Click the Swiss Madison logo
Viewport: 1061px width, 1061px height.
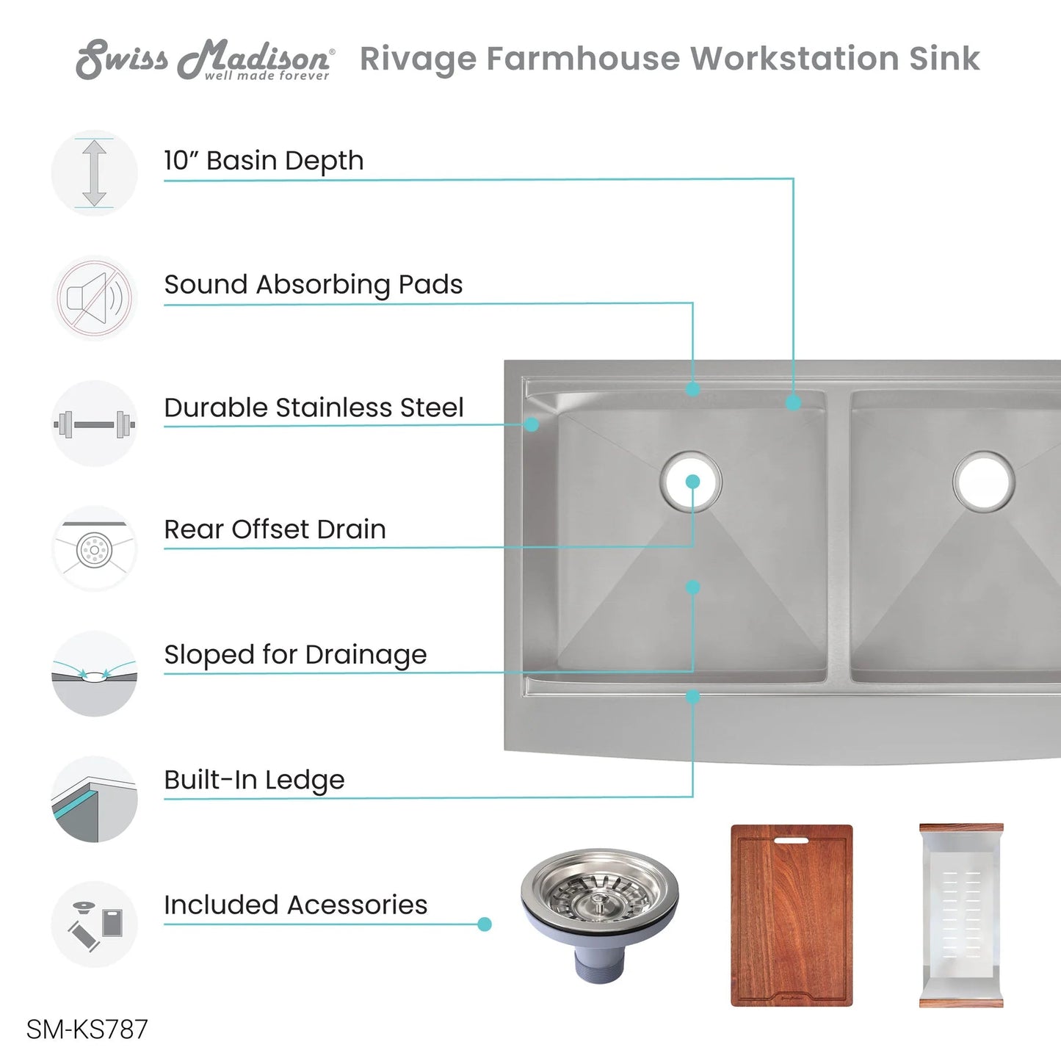pyautogui.click(x=204, y=59)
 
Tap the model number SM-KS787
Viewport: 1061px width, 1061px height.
pyautogui.click(x=87, y=1029)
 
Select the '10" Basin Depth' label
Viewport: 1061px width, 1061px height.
pyautogui.click(x=264, y=161)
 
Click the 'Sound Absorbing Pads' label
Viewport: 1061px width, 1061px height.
pyautogui.click(x=314, y=285)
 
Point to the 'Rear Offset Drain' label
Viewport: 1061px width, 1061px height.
pyautogui.click(x=275, y=529)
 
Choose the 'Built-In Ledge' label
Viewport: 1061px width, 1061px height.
pyautogui.click(x=254, y=780)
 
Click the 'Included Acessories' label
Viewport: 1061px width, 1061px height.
pyautogui.click(x=295, y=905)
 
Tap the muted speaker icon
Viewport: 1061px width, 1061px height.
pyautogui.click(x=94, y=298)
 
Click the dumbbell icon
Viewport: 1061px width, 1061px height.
pyautogui.click(x=94, y=424)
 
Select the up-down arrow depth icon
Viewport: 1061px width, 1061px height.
pyautogui.click(x=94, y=173)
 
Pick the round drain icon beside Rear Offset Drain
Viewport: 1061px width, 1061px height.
pyautogui.click(x=94, y=549)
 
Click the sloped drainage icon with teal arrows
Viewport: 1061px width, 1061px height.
pyautogui.click(x=94, y=674)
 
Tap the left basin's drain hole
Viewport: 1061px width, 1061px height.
pyautogui.click(x=691, y=481)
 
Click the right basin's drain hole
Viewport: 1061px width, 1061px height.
pyautogui.click(x=984, y=481)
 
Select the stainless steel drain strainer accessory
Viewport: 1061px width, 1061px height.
pyautogui.click(x=600, y=916)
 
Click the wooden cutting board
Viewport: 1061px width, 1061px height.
pyautogui.click(x=792, y=916)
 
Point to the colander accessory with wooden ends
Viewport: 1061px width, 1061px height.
pyautogui.click(x=961, y=916)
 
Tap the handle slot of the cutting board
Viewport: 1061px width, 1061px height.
pyautogui.click(x=792, y=840)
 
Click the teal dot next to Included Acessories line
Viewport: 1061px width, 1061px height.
pyautogui.click(x=485, y=924)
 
